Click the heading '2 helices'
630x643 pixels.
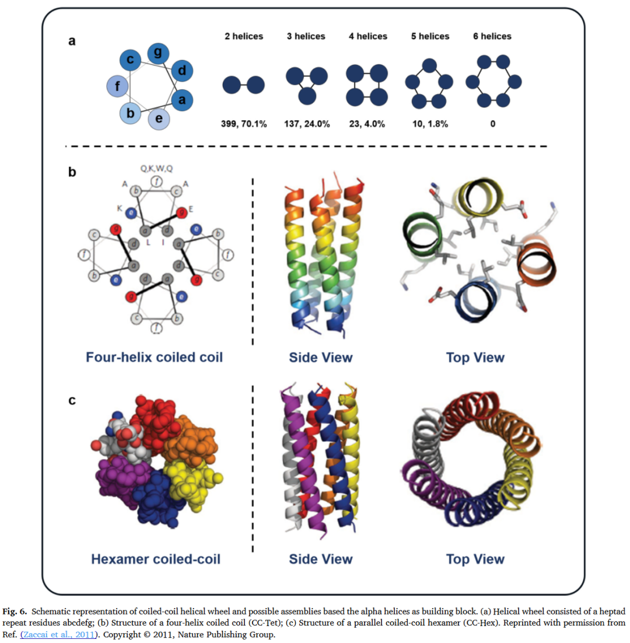click(x=243, y=36)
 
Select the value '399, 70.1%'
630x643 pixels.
click(x=243, y=124)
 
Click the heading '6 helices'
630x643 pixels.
click(x=492, y=36)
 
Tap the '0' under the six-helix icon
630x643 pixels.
click(x=492, y=124)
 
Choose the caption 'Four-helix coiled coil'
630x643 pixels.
click(x=155, y=357)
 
